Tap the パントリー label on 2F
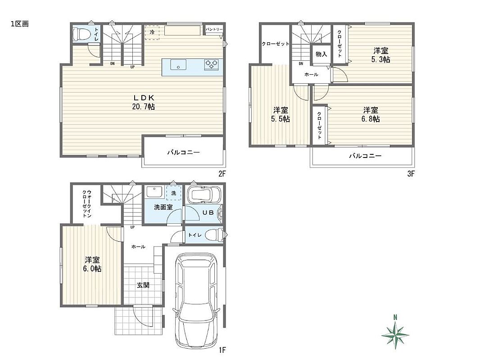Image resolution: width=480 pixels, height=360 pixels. click(x=214, y=30)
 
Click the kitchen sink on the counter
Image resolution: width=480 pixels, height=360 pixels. click(x=178, y=65)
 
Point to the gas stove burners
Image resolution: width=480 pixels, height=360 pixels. click(x=212, y=63)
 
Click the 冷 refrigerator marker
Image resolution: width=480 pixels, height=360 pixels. click(x=152, y=31)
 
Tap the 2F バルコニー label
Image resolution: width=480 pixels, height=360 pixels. click(x=183, y=152)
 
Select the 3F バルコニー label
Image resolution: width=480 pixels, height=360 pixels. click(x=365, y=156)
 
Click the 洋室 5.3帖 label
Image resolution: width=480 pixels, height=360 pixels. click(x=380, y=55)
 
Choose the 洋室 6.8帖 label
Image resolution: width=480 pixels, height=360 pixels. click(x=371, y=114)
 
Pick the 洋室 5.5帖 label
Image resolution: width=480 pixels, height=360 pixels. click(x=281, y=114)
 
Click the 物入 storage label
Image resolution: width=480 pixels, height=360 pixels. click(x=321, y=54)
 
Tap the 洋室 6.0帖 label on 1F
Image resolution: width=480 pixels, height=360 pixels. click(x=92, y=265)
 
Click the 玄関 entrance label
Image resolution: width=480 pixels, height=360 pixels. click(x=143, y=285)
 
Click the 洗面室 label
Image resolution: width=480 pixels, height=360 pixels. click(x=163, y=207)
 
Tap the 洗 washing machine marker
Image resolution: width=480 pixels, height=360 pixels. click(x=173, y=193)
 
